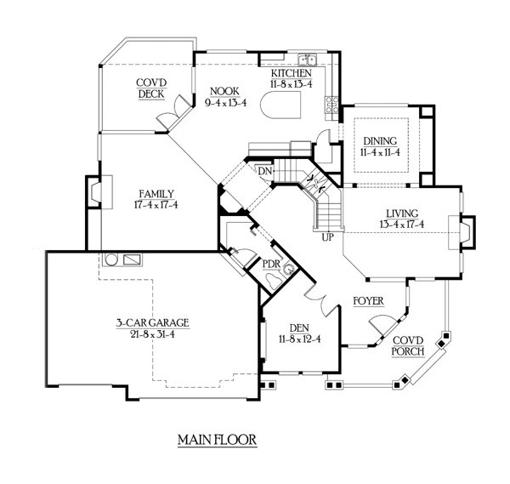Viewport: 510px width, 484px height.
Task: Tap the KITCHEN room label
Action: coord(291,74)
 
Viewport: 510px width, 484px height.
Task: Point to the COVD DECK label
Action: coord(150,88)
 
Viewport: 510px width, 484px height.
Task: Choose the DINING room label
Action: coord(380,142)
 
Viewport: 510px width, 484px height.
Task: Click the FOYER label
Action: coord(368,301)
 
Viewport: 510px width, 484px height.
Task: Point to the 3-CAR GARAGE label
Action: coord(153,322)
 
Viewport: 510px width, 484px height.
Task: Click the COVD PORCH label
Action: coord(406,346)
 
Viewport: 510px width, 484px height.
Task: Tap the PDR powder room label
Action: coord(272,264)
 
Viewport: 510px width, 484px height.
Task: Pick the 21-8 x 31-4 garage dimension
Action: coord(153,333)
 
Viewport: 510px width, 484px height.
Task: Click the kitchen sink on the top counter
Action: coord(312,60)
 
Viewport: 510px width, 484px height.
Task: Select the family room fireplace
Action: coord(95,194)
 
